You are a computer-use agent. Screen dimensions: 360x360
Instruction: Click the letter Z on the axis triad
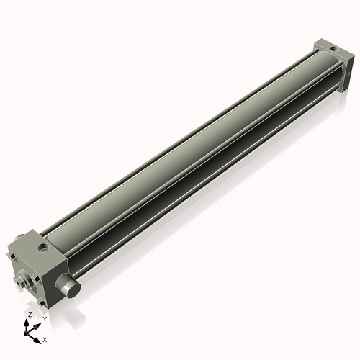coord(30,315)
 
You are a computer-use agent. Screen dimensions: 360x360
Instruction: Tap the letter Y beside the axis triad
coord(45,318)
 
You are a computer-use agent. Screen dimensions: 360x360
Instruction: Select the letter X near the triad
coord(45,338)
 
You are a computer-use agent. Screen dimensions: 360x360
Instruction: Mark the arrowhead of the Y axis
coord(38,323)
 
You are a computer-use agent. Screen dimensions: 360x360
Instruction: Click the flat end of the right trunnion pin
coord(70,288)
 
